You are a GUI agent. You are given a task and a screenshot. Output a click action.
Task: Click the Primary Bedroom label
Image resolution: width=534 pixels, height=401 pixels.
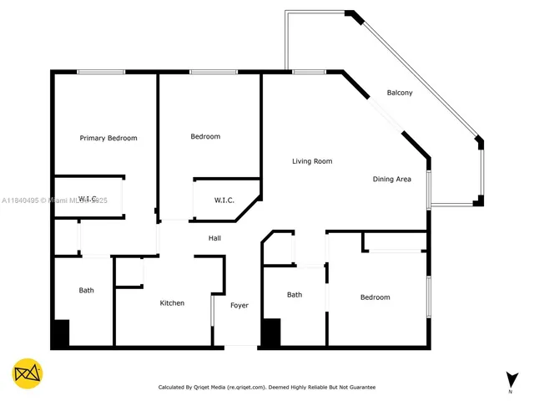tap(108, 138)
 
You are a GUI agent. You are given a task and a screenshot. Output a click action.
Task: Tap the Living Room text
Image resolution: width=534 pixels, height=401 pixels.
tap(312, 161)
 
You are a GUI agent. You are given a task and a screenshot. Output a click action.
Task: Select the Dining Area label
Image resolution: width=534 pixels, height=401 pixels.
tap(391, 179)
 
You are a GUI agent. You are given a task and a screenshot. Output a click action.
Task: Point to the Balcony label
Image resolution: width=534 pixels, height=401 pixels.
tap(400, 93)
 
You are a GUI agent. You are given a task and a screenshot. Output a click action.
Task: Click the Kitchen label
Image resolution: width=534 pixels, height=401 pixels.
tap(172, 302)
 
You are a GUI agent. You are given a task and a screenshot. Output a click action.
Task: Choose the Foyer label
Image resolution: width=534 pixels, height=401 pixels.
tap(239, 306)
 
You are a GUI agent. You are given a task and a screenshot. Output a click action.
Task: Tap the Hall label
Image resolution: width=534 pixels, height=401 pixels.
tap(214, 239)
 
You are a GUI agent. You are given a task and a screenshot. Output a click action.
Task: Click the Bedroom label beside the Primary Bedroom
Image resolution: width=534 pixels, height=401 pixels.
tap(205, 136)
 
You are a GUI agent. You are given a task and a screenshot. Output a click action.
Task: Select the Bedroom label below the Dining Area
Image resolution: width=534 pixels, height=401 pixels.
tap(375, 297)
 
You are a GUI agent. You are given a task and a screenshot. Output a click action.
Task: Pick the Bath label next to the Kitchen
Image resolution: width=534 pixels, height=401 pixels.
tap(86, 291)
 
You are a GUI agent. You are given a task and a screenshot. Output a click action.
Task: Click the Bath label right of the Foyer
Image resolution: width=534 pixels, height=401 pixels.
tap(295, 295)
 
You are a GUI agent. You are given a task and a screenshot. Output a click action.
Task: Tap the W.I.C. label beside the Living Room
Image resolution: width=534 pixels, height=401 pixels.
tap(224, 200)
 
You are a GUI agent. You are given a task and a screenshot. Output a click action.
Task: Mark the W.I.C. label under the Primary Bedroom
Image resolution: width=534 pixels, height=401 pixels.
tap(88, 199)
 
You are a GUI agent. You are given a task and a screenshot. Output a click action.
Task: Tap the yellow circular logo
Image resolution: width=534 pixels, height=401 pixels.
tap(28, 373)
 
